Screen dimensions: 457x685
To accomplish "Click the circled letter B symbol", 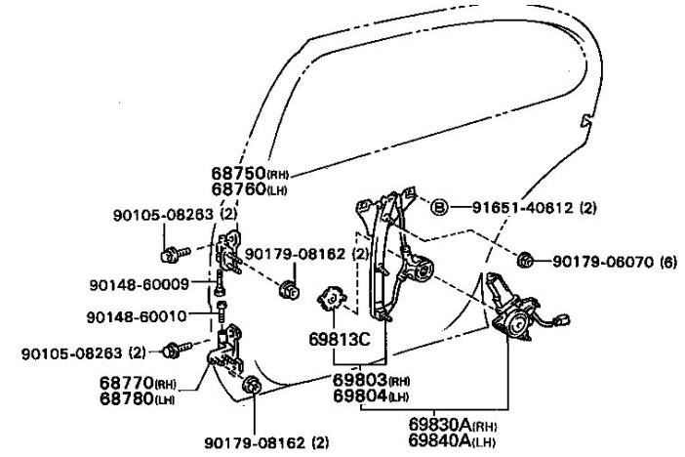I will click(x=439, y=207).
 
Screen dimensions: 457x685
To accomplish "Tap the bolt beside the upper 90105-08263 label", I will click(x=168, y=257).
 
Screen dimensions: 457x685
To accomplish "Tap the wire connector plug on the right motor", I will click(x=563, y=318).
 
